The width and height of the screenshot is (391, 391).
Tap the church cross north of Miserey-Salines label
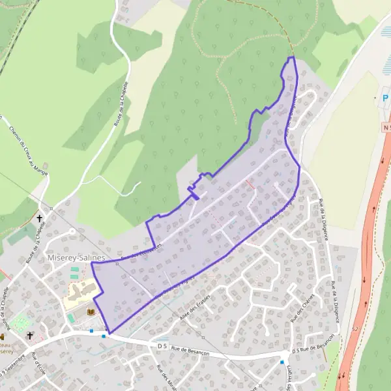(40, 219)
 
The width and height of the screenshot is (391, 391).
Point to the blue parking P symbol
(385, 98)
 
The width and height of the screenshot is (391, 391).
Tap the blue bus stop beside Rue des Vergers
(282, 362)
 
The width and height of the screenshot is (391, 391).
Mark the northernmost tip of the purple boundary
(292, 57)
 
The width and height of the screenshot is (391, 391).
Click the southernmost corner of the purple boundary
(109, 334)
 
